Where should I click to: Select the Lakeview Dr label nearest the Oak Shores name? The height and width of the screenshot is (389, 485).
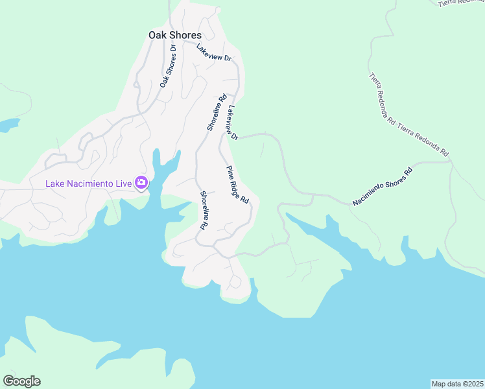pyautogui.click(x=214, y=53)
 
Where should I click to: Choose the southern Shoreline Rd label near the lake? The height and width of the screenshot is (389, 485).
pyautogui.click(x=204, y=211)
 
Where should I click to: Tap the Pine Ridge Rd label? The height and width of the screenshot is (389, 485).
pyautogui.click(x=238, y=185)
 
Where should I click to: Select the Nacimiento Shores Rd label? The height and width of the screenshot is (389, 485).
pyautogui.click(x=383, y=188)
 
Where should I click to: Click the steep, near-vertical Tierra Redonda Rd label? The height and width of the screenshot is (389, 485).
pyautogui.click(x=382, y=99)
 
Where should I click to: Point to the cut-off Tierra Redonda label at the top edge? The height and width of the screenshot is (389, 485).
pyautogui.click(x=461, y=3)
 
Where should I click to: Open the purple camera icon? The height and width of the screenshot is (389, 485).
pyautogui.click(x=141, y=183)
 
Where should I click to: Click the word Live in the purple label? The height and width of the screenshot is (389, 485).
pyautogui.click(x=121, y=183)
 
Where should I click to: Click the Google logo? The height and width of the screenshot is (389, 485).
pyautogui.click(x=21, y=381)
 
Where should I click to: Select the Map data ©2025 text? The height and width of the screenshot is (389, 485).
pyautogui.click(x=456, y=383)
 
